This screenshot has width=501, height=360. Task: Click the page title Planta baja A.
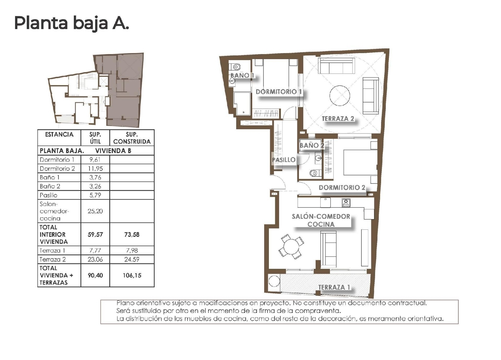[71, 23]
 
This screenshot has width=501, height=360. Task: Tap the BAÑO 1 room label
[242, 75]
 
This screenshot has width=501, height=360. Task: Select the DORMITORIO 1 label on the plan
[279, 92]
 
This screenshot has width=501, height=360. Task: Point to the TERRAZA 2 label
[338, 119]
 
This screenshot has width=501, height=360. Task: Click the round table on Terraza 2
[340, 96]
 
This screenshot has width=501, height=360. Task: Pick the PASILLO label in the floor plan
[284, 160]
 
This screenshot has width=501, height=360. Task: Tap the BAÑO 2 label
[312, 145]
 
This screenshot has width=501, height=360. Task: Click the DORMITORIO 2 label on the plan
[342, 187]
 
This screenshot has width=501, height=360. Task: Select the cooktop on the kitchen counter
[346, 203]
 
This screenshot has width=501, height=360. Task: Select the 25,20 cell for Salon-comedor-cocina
[95, 211]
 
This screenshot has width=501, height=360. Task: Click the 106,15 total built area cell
[132, 276]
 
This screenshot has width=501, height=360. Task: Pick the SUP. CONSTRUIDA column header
[132, 138]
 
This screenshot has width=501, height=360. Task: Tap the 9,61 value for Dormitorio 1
[95, 160]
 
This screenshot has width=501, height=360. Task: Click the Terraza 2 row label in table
[53, 259]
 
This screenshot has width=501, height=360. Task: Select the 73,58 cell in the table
[132, 234]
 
